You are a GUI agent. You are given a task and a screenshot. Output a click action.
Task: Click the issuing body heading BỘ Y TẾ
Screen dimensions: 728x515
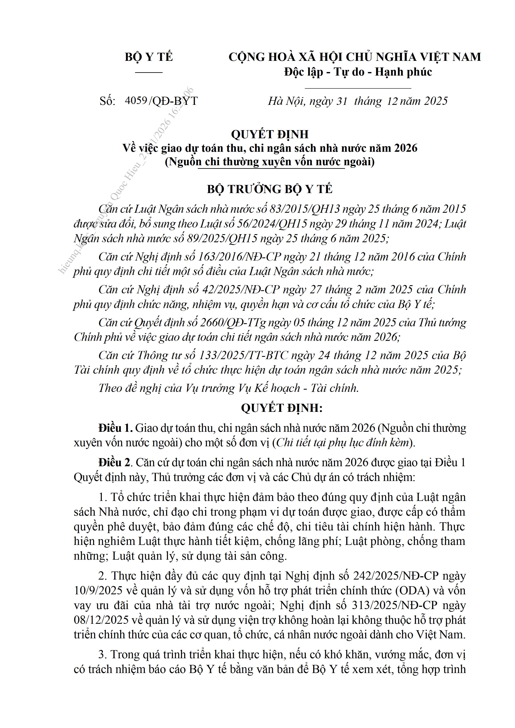tap(148, 57)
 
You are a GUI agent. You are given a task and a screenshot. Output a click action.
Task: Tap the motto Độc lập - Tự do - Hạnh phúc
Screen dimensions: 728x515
tap(358, 72)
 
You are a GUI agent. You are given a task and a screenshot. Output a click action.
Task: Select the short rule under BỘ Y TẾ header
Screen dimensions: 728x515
tap(148, 73)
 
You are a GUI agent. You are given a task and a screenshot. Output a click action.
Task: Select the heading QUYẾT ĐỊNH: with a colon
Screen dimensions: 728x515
tap(282, 408)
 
